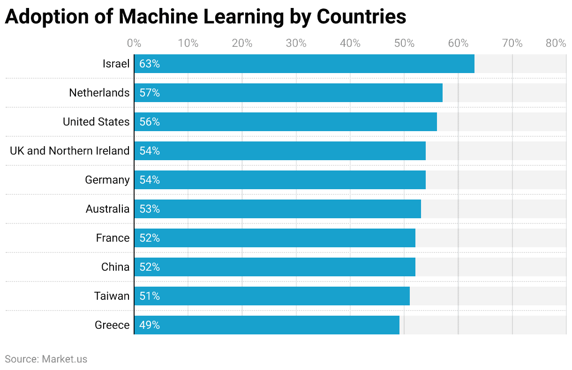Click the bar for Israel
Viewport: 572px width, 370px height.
[x=304, y=64]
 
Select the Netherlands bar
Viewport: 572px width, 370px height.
[x=288, y=93]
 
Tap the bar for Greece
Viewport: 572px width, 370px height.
[x=267, y=325]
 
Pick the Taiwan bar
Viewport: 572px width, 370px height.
[x=272, y=296]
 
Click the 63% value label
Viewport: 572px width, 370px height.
[x=150, y=64]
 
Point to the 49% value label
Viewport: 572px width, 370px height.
[x=150, y=325]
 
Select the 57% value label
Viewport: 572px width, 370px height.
[x=150, y=93]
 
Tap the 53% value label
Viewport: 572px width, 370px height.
[x=150, y=209]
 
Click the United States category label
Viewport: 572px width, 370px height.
[x=96, y=122]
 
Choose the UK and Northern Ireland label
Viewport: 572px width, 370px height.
[x=69, y=151]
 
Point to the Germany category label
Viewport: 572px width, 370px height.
[x=107, y=180]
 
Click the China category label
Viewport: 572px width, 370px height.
[x=115, y=267]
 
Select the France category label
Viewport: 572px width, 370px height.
[x=113, y=238]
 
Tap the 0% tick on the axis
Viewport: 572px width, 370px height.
[x=134, y=44]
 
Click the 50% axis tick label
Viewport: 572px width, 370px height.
[x=404, y=44]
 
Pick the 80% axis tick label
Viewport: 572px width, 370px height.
[x=556, y=44]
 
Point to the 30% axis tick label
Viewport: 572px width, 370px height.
[x=296, y=44]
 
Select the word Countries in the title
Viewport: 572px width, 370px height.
[x=361, y=17]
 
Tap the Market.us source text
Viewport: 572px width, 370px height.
[x=64, y=359]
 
